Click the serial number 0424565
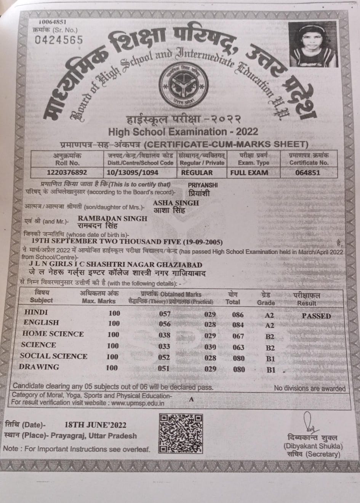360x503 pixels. point(58,40)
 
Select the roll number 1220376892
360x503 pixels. point(67,172)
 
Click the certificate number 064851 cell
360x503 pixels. point(308,172)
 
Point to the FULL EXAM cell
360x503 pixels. point(249,172)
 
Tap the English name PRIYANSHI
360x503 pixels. point(203,185)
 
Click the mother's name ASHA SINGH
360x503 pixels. point(176,203)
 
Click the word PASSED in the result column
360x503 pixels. point(316,316)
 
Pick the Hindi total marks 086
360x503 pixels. point(238,315)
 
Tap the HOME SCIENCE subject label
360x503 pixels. point(53,334)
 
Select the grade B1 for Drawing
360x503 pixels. point(270,369)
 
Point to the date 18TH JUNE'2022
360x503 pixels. point(95,425)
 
